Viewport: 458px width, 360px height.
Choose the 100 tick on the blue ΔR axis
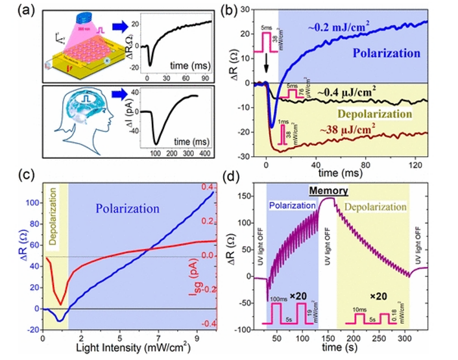(30, 202)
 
